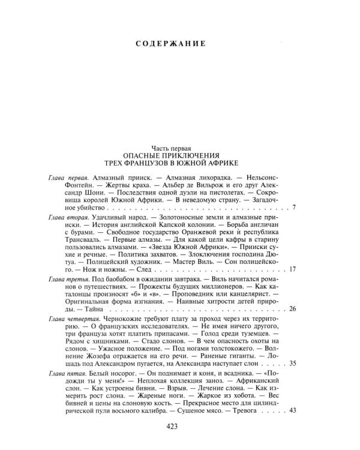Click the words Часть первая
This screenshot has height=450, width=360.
(171, 146)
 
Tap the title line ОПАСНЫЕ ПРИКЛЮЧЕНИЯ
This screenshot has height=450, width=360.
(171, 154)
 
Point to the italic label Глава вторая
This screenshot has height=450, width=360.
(67, 221)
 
